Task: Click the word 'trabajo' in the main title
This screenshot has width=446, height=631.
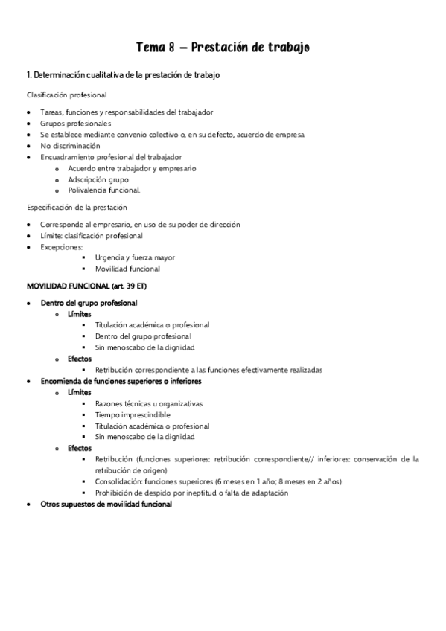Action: click(284, 48)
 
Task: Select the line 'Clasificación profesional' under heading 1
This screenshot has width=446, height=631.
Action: click(67, 95)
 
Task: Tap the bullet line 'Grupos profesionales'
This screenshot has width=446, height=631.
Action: click(76, 123)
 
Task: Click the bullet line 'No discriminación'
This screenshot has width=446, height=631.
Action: click(70, 146)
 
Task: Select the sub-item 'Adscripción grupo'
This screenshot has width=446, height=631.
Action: click(98, 179)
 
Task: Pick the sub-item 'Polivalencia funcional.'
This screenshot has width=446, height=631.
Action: click(103, 190)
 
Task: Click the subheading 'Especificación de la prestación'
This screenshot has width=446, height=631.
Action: click(77, 207)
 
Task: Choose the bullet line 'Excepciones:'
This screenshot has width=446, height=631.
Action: click(62, 246)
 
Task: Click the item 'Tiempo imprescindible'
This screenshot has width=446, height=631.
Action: click(132, 414)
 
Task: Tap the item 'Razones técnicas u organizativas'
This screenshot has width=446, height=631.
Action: click(149, 403)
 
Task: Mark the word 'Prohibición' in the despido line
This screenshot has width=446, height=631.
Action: click(114, 493)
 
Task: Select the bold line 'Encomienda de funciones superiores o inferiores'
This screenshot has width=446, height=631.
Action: click(121, 381)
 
